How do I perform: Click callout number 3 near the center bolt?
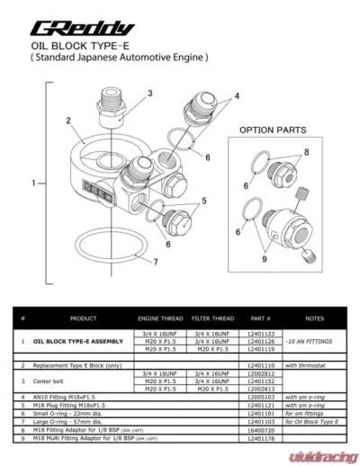pyautogui.click(x=149, y=93)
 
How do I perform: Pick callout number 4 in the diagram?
pyautogui.click(x=238, y=95)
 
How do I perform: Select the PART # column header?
pyautogui.click(x=261, y=318)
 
